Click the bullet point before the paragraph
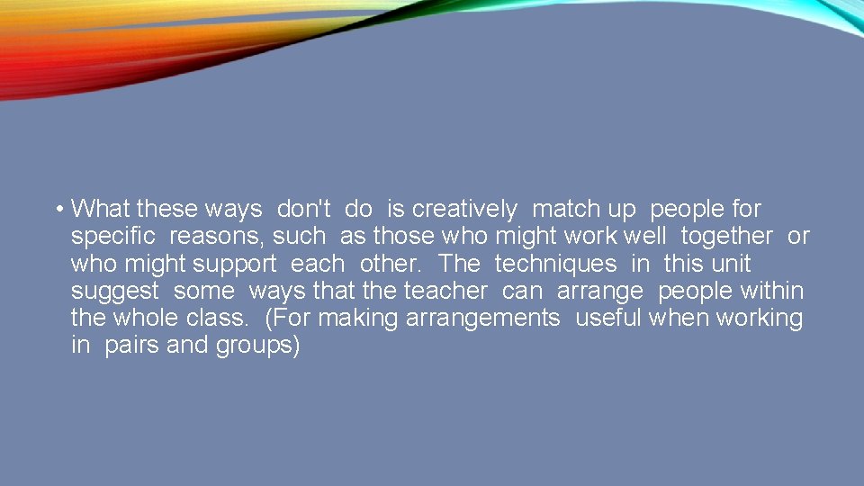(57, 211)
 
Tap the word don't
(304, 210)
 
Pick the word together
(726, 237)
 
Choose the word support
(234, 264)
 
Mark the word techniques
(555, 264)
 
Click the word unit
(730, 264)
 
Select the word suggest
(114, 292)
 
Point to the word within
(771, 291)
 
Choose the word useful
(608, 318)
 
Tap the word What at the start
(101, 210)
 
